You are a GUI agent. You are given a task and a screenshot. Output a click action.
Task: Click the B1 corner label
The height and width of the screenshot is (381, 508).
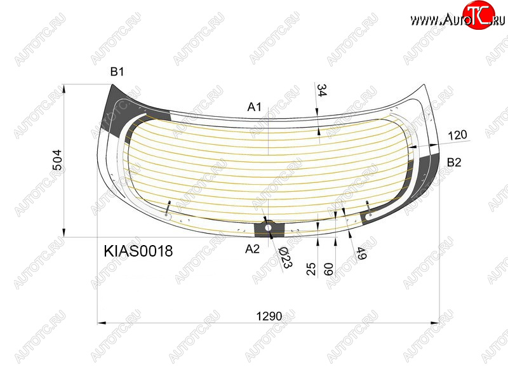(x=117, y=72)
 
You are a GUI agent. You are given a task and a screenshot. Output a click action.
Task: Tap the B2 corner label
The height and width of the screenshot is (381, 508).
(x=454, y=163)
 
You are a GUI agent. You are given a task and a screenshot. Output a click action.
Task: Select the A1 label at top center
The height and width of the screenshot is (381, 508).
(x=255, y=107)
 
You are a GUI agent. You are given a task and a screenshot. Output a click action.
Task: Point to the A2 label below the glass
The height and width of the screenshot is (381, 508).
(x=252, y=249)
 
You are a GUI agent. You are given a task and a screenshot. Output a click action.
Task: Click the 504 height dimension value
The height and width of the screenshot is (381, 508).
(x=57, y=160)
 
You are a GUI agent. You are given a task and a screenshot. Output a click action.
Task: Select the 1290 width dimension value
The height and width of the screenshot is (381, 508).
(x=269, y=316)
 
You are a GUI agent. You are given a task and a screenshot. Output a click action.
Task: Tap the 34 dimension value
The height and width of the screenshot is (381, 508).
(x=321, y=90)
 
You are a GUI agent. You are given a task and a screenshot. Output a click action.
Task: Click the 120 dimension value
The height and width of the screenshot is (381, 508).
(x=457, y=135)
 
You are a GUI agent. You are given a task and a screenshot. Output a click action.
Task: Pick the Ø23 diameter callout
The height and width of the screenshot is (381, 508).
(x=285, y=258)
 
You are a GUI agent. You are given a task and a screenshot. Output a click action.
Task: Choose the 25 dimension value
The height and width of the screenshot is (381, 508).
(x=311, y=269)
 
